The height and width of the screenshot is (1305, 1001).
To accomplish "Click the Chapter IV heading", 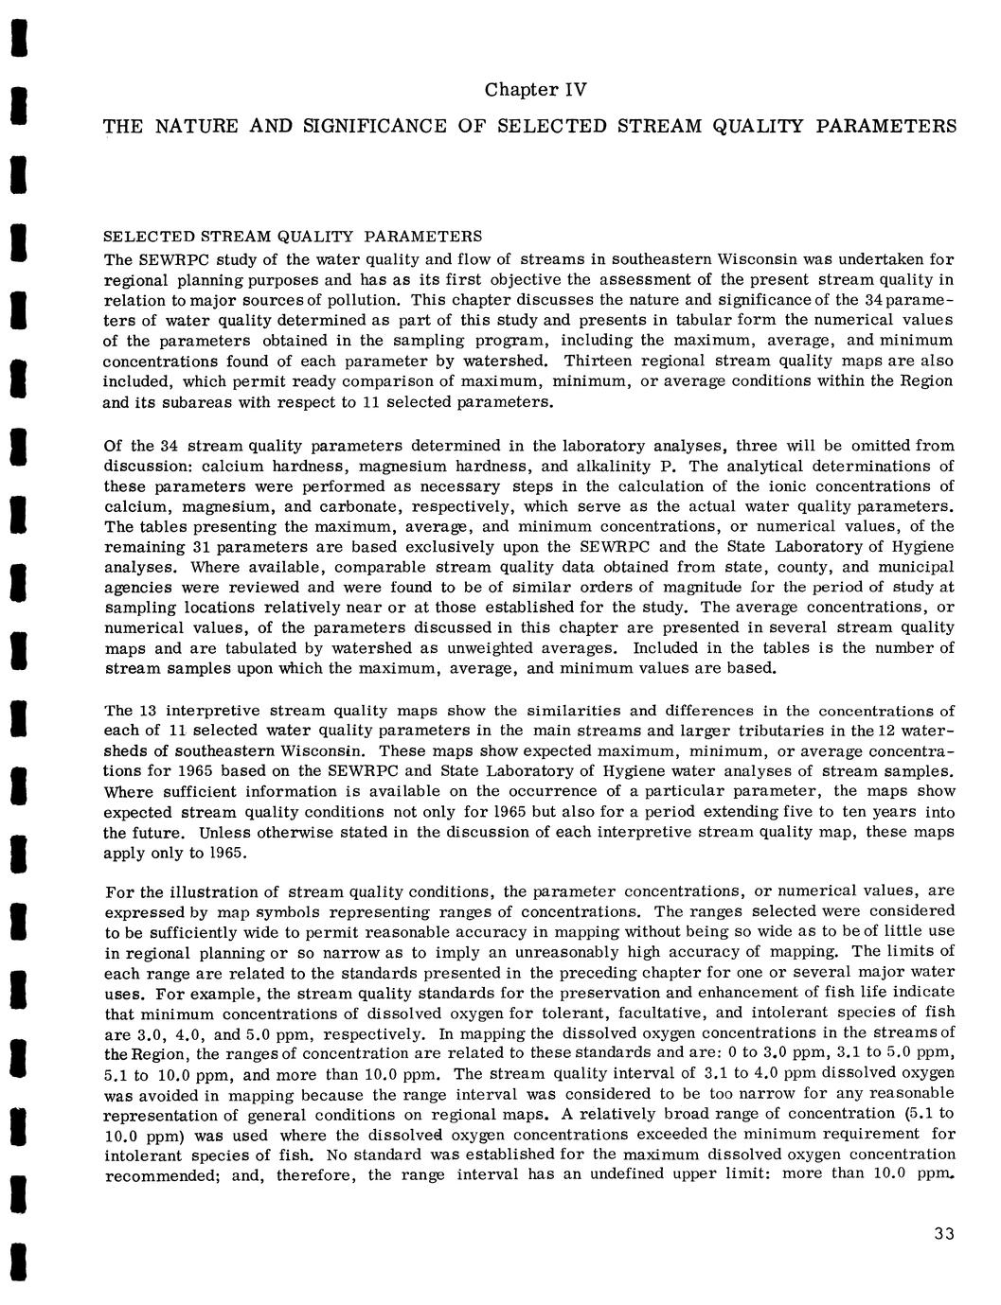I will pyautogui.click(x=536, y=90).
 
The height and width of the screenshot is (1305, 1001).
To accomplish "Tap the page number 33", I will pyautogui.click(x=943, y=1233).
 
